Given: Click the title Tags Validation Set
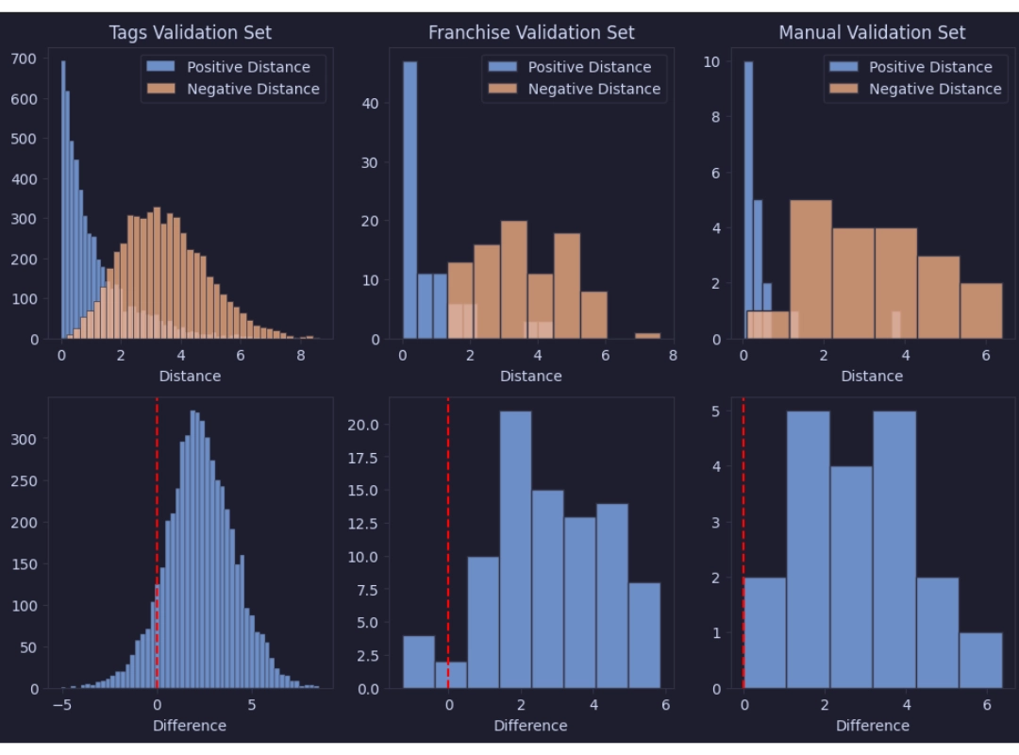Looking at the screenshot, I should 190,33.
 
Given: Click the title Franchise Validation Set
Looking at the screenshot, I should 531,33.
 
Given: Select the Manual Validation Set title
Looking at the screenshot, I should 872,33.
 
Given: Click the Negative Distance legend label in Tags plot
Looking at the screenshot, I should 253,89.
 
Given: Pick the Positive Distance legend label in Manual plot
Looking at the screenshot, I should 930,67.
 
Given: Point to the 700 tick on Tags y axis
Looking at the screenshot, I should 24,59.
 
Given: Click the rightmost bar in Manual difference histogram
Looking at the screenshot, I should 980,661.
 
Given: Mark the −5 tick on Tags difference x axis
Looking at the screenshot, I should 62,705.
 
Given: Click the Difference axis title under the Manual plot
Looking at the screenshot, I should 872,726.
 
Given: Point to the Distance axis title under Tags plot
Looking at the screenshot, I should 190,377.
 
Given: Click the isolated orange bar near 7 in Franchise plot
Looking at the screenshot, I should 647,336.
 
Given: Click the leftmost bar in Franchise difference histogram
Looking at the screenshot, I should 419,663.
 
